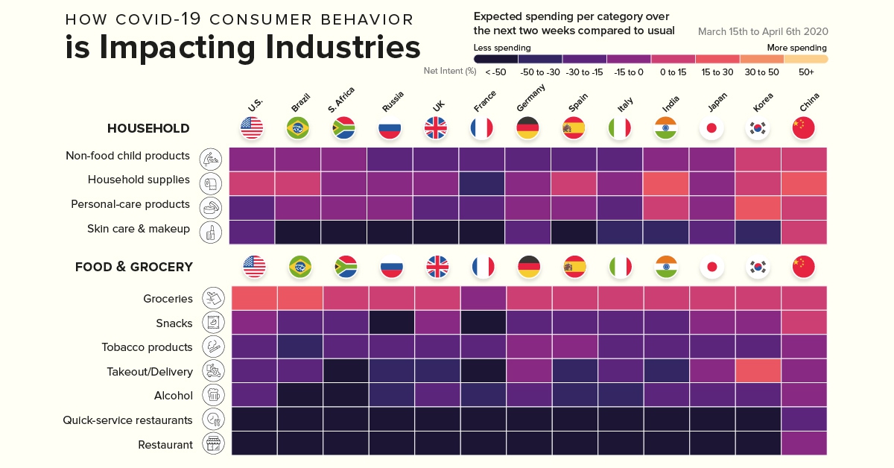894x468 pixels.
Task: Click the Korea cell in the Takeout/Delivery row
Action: [x=758, y=371]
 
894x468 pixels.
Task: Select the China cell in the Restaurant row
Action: [x=804, y=444]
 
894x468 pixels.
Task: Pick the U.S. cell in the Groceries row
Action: [x=254, y=298]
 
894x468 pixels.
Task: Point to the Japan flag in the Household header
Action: [x=711, y=128]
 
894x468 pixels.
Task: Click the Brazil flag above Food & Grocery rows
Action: [x=299, y=267]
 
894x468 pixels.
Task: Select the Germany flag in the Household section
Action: [x=527, y=128]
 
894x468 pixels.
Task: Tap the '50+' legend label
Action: [x=806, y=72]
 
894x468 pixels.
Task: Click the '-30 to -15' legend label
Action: [x=584, y=72]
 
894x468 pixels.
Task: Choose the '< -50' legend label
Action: [x=496, y=72]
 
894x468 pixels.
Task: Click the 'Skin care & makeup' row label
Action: [x=139, y=229]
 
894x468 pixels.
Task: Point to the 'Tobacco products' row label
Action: [x=147, y=347]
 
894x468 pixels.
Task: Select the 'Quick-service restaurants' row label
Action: [x=127, y=420]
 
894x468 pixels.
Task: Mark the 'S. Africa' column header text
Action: [x=341, y=99]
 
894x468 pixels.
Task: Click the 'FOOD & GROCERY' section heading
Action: [x=134, y=267]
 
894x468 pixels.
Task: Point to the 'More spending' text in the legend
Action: [x=796, y=48]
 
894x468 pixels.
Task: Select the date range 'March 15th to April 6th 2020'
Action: [x=763, y=32]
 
